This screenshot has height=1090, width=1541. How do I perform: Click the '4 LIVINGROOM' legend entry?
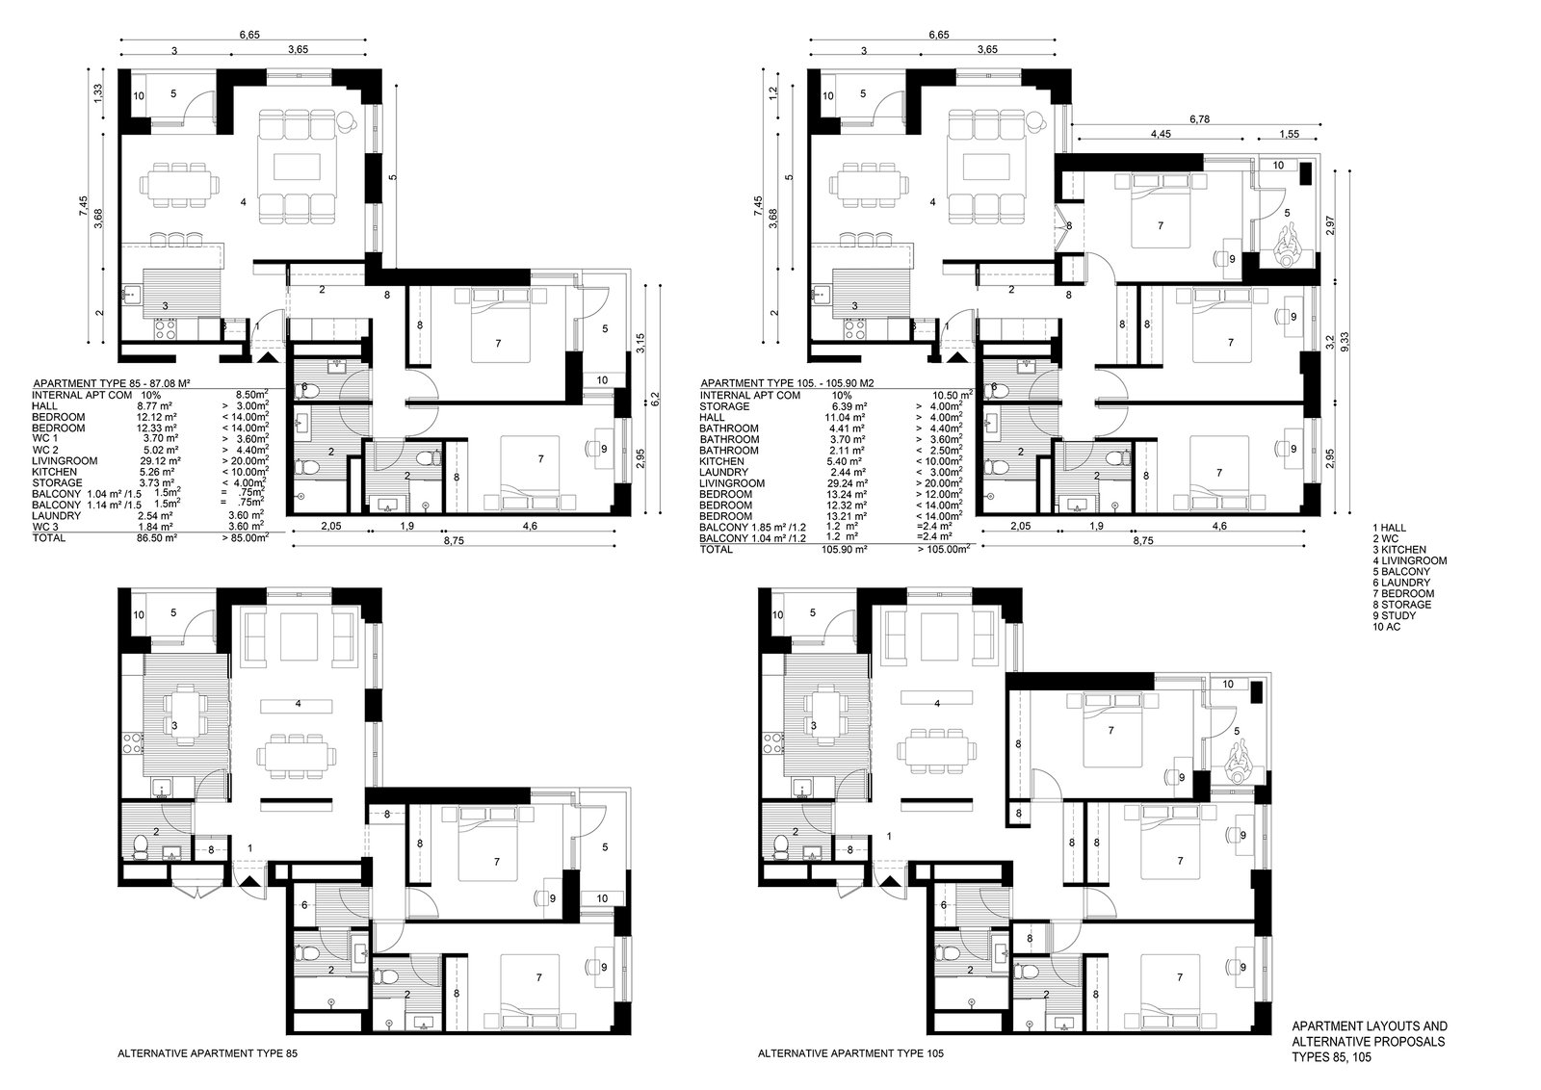tap(1410, 560)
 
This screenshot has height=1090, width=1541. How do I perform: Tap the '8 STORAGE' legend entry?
tap(1402, 605)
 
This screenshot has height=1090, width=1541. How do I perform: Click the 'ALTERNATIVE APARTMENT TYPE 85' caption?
tap(208, 1052)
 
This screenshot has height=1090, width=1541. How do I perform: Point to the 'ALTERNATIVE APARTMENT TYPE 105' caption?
tap(851, 1052)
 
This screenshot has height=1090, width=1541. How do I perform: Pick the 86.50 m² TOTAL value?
tap(157, 538)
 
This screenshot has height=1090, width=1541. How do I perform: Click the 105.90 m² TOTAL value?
tap(844, 550)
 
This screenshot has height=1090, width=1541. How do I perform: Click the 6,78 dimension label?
tap(1199, 119)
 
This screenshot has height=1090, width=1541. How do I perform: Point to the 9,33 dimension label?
tap(1345, 342)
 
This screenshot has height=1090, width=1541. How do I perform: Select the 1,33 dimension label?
tap(97, 92)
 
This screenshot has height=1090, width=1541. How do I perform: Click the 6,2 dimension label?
tap(655, 399)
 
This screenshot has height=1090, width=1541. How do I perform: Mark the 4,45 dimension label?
tap(1161, 134)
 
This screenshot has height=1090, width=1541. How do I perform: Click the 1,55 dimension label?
tap(1290, 134)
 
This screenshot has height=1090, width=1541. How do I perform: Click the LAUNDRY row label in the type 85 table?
tap(57, 516)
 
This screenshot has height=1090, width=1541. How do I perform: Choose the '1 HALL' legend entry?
tap(1390, 528)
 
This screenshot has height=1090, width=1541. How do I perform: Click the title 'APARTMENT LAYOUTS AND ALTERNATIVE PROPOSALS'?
tap(1369, 1033)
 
